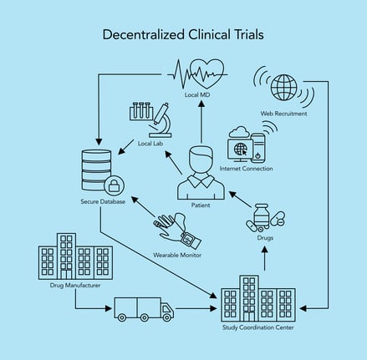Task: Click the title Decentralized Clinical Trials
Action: click(183, 35)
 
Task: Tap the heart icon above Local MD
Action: click(206, 74)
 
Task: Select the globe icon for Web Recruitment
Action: click(284, 85)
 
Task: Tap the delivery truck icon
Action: click(144, 309)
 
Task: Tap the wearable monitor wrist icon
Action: click(176, 228)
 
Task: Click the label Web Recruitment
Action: click(284, 113)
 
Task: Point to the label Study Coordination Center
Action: click(257, 327)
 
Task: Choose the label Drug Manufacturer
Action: click(75, 285)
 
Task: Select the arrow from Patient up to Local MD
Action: click(201, 117)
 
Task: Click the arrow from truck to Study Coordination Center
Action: click(197, 309)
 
